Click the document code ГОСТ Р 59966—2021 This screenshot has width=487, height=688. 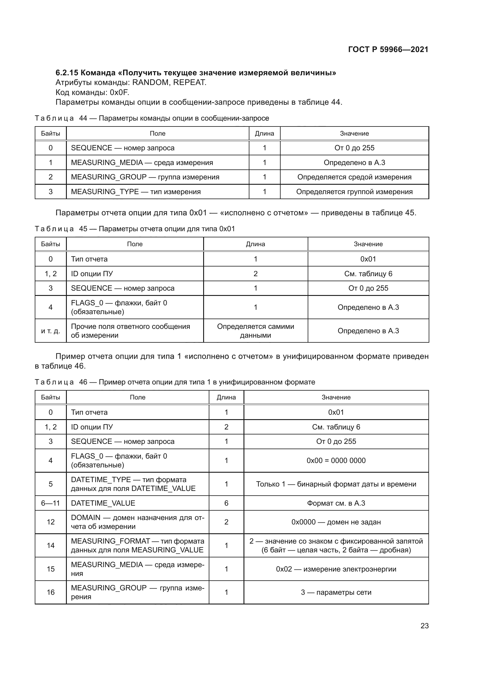[x=388, y=49]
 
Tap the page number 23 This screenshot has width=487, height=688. [x=424, y=626]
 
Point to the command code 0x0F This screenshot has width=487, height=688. [x=120, y=92]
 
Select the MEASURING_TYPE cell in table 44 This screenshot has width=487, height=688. [x=135, y=192]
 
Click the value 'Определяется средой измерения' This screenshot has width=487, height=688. [x=354, y=177]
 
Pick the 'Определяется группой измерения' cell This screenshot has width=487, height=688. [x=354, y=192]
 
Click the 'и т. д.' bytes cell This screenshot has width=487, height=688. [x=50, y=331]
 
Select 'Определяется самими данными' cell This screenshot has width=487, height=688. [x=256, y=331]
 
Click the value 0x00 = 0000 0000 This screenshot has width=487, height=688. [x=336, y=461]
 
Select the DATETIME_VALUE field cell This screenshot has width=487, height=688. [x=103, y=503]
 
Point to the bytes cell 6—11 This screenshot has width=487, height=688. [x=50, y=503]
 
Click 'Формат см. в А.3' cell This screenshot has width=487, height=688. [x=336, y=503]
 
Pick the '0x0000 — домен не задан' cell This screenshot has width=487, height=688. [x=336, y=522]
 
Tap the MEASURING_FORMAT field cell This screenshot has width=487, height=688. [x=137, y=545]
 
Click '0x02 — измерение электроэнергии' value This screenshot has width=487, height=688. [x=336, y=569]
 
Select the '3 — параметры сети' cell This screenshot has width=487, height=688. [x=336, y=592]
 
